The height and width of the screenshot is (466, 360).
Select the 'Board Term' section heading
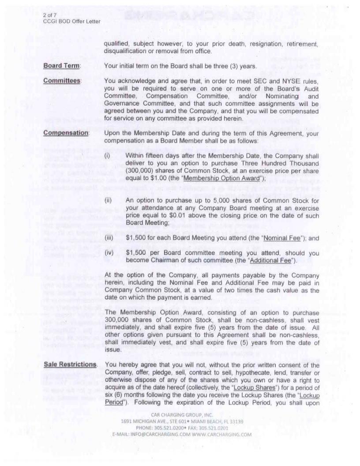pos(61,66)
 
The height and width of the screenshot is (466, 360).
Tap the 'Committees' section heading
pos(62,81)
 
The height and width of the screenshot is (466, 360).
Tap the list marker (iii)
pos(108,239)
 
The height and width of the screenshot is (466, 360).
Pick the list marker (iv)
pos(108,254)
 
